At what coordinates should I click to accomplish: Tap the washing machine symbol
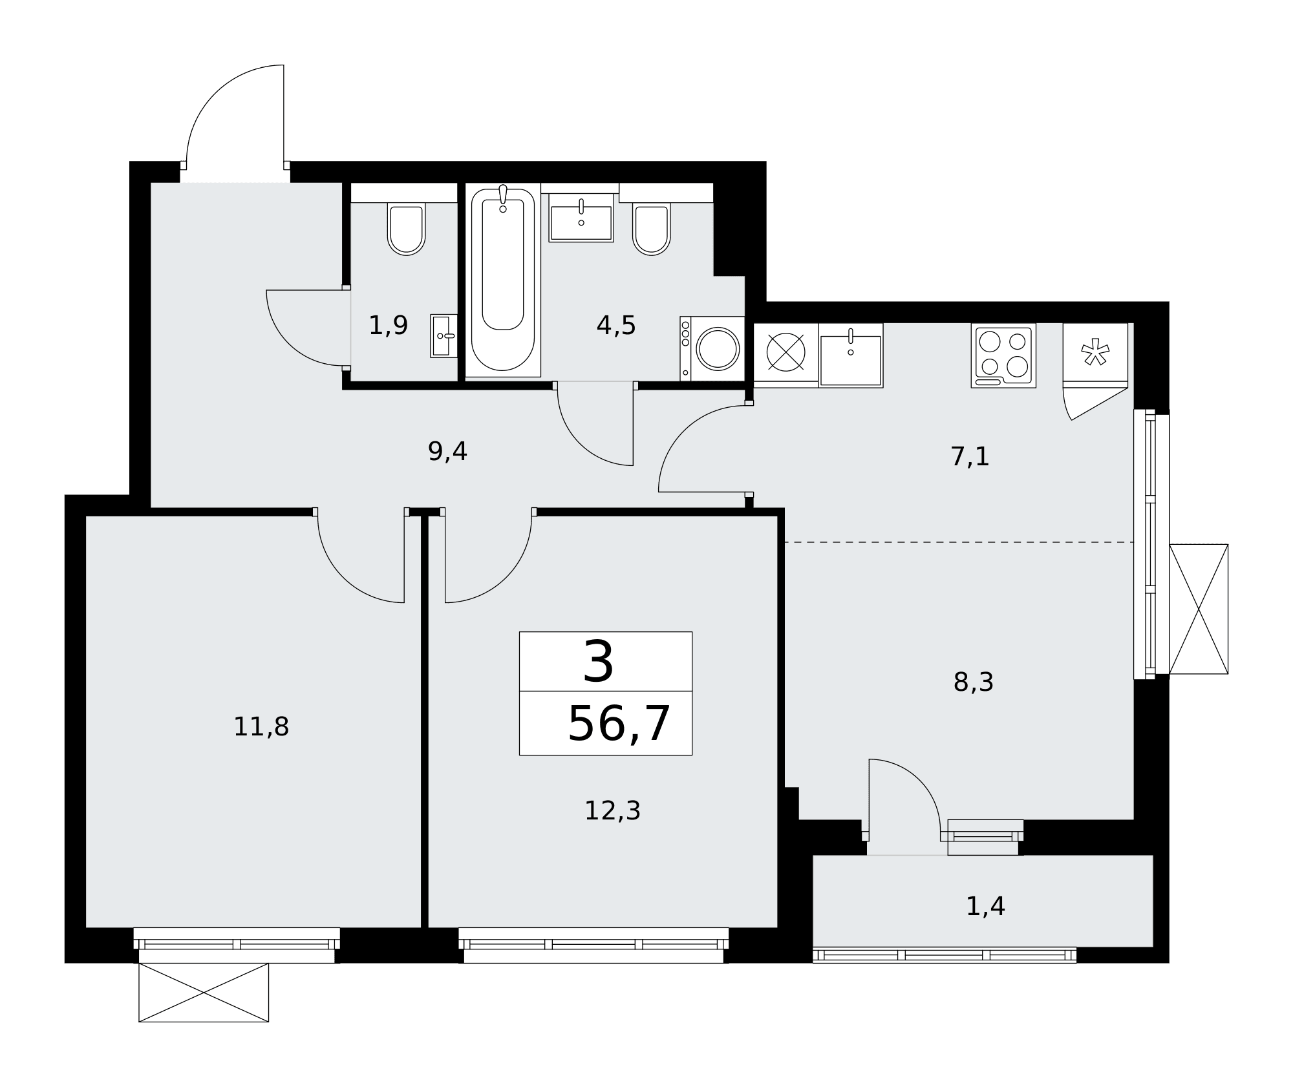tap(712, 348)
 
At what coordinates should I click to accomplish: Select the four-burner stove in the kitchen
tap(1003, 355)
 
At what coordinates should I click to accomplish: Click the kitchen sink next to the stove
tap(851, 355)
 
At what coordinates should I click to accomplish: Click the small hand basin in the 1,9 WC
tap(444, 336)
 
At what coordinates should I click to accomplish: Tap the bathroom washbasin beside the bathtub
tap(581, 220)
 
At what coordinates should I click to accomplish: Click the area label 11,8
tap(261, 727)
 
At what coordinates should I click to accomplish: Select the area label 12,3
tap(612, 810)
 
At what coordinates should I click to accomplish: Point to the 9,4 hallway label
tap(447, 451)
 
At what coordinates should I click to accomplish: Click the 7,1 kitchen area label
tap(970, 456)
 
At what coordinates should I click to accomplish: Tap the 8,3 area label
tap(973, 682)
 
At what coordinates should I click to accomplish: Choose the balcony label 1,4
tap(985, 906)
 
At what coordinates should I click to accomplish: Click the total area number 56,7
tap(619, 724)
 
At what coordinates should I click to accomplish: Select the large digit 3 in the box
tap(599, 662)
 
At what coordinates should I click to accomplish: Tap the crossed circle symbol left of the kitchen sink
tap(785, 352)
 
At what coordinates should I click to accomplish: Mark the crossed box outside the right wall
tap(1199, 609)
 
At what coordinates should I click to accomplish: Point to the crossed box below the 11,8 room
tap(204, 993)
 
